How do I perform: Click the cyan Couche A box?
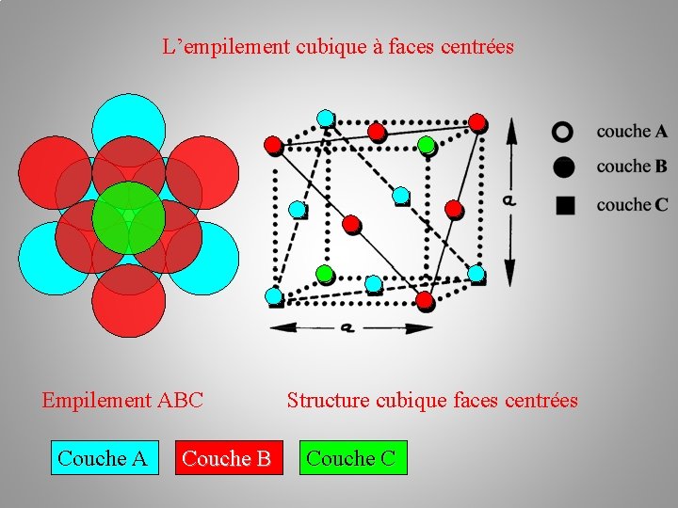pyautogui.click(x=103, y=458)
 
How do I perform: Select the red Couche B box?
pyautogui.click(x=226, y=458)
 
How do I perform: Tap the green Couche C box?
pyautogui.click(x=351, y=458)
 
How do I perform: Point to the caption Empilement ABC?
pyautogui.click(x=122, y=401)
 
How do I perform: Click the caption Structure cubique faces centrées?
pyautogui.click(x=432, y=401)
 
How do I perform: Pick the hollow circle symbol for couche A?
pyautogui.click(x=563, y=132)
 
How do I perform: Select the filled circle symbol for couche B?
pyautogui.click(x=563, y=167)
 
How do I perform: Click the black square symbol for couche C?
pyautogui.click(x=564, y=204)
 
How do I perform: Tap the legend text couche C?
pyautogui.click(x=632, y=204)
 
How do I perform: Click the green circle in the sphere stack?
pyautogui.click(x=128, y=217)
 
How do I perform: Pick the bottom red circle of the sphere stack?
pyautogui.click(x=128, y=299)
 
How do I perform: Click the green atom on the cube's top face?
pyautogui.click(x=426, y=145)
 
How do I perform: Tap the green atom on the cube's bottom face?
pyautogui.click(x=324, y=274)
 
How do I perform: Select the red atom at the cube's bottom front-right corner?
pyautogui.click(x=425, y=300)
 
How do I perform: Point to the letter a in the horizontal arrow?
pyautogui.click(x=347, y=326)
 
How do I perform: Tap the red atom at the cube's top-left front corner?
pyautogui.click(x=273, y=145)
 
